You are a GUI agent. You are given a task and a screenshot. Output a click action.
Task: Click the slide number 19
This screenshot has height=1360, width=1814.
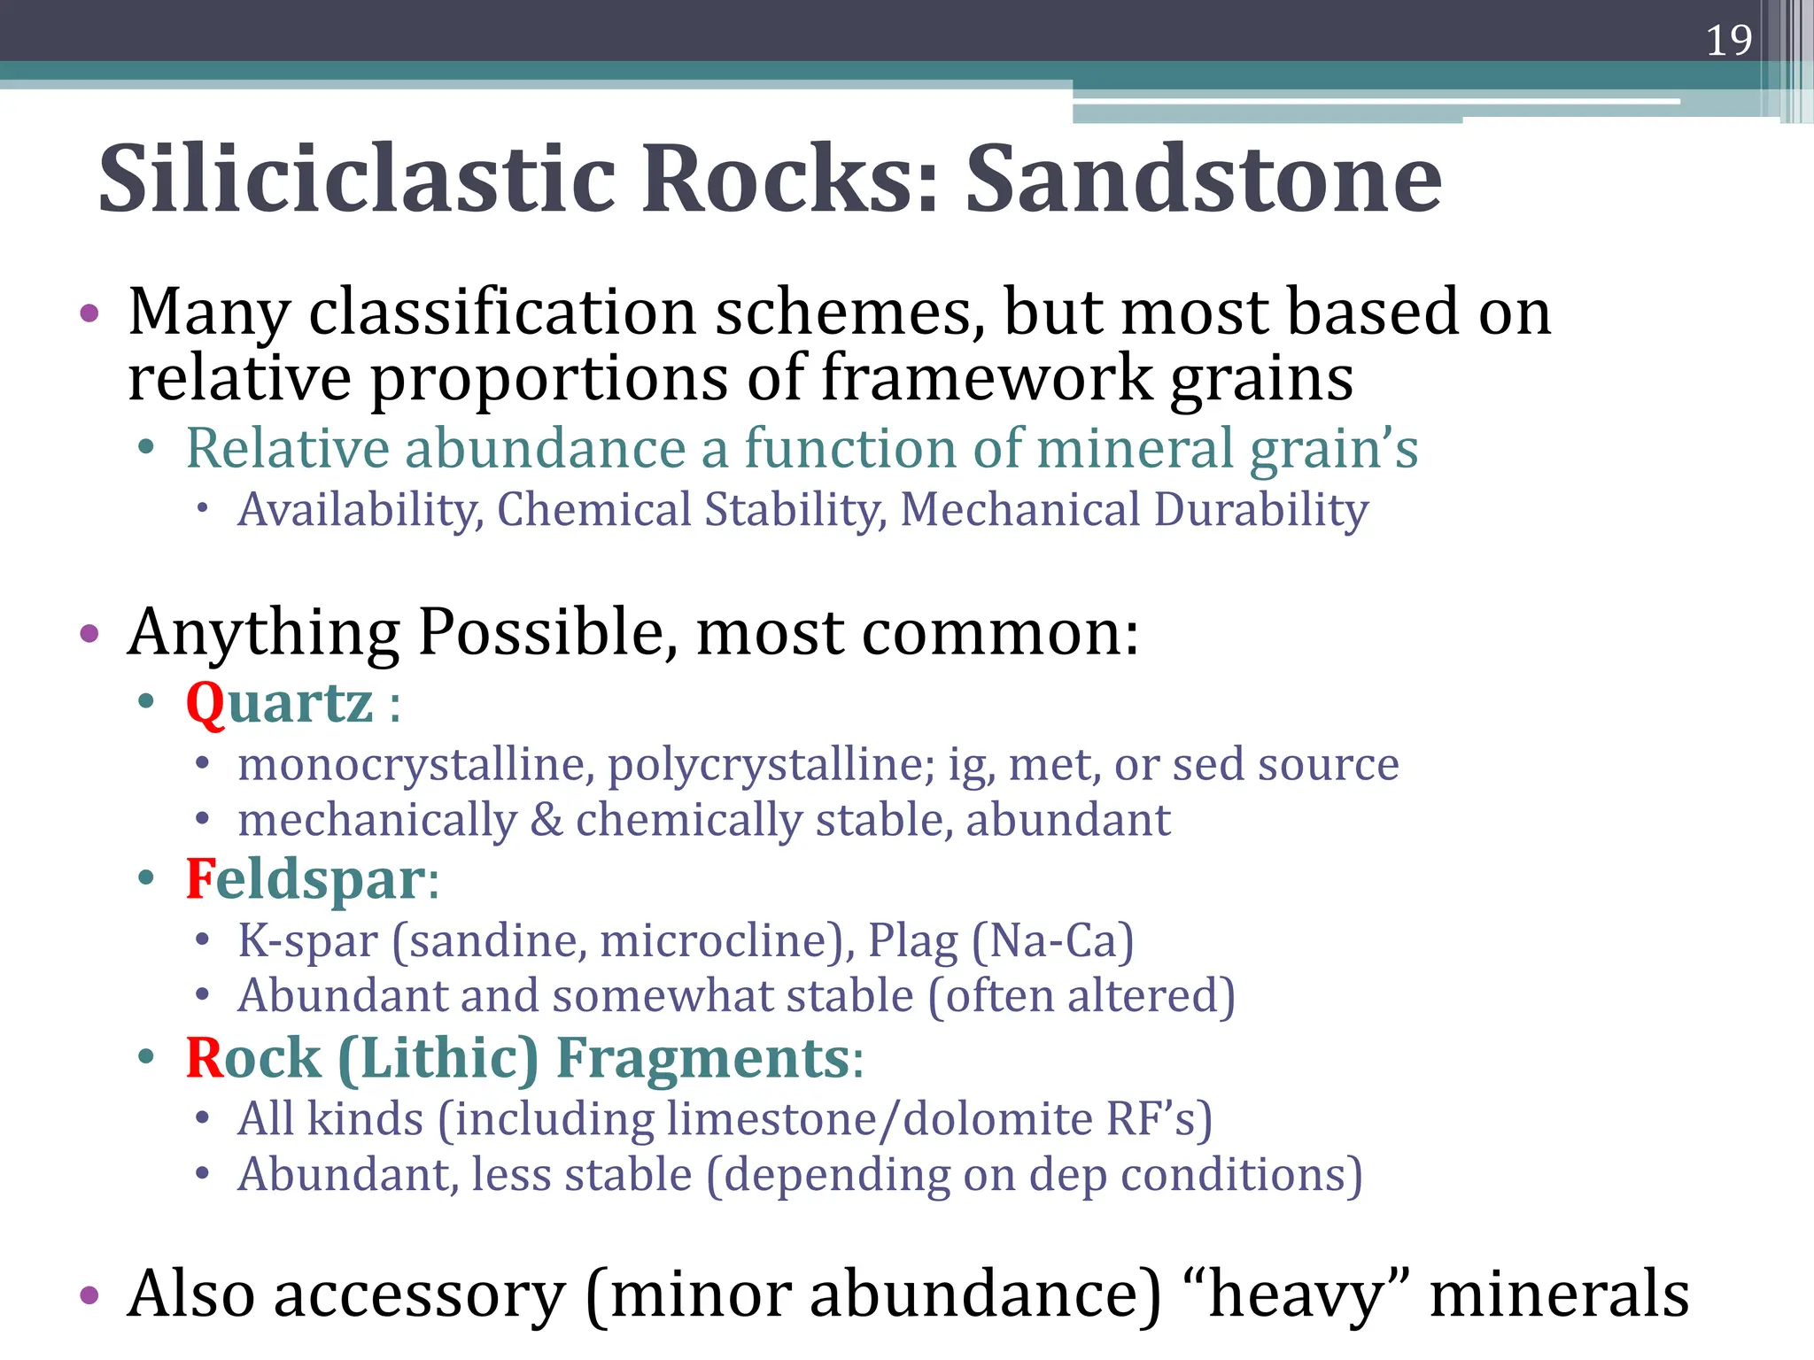[1728, 41]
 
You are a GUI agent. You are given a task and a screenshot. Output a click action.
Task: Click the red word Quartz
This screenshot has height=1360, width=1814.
[279, 704]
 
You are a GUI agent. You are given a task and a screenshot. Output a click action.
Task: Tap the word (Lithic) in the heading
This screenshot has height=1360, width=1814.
[438, 1058]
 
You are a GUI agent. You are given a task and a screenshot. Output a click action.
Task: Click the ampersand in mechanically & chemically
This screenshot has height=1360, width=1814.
[547, 821]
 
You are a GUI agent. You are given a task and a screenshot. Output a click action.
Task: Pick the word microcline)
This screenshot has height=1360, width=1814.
[726, 940]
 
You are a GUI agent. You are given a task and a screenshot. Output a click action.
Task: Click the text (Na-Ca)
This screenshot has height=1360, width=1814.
[1052, 940]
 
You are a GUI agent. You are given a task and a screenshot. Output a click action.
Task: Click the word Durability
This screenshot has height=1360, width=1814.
[1261, 511]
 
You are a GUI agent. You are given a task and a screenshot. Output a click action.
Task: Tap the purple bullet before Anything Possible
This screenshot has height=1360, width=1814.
[89, 634]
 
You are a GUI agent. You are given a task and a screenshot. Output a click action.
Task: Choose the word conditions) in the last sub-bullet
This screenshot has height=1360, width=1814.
[1241, 1176]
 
